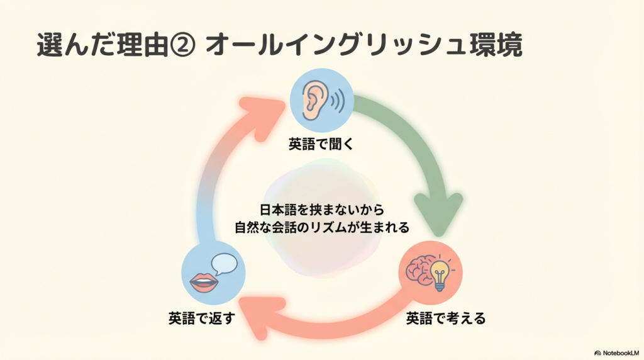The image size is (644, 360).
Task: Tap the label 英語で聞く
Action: click(x=321, y=144)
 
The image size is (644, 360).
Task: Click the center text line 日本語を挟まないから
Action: click(x=321, y=209)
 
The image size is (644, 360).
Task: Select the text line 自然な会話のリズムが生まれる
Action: click(x=321, y=227)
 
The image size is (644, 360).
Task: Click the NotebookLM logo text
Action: click(x=620, y=353)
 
